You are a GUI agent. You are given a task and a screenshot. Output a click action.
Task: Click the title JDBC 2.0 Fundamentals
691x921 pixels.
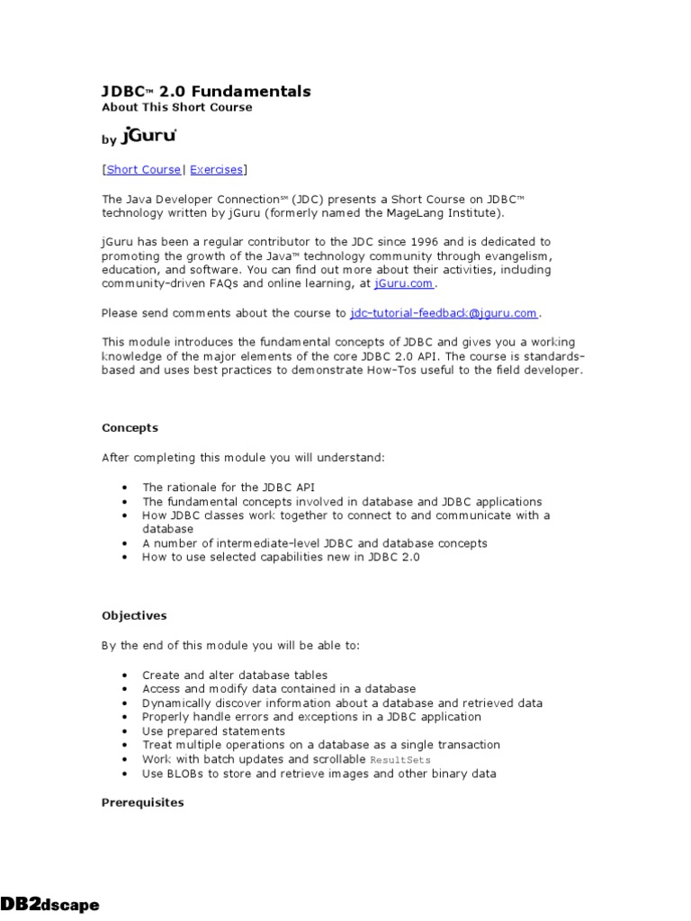206,92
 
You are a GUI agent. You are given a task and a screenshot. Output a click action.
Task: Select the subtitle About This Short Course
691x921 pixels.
176,108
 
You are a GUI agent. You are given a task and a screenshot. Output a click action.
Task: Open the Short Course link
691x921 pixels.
144,169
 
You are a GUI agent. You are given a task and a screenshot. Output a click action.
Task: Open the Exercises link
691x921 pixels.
216,169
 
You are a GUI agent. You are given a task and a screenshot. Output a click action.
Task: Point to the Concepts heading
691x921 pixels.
130,428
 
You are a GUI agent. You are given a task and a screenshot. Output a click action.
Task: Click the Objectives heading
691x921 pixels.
134,616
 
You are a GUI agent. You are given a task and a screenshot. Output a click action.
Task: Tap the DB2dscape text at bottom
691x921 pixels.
49,905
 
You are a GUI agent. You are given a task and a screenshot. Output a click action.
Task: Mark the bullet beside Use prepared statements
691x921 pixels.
123,732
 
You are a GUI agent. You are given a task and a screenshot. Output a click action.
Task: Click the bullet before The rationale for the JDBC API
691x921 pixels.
123,487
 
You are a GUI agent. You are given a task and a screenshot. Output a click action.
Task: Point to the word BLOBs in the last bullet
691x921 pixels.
184,773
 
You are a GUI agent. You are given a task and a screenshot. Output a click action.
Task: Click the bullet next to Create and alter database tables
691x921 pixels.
123,675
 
